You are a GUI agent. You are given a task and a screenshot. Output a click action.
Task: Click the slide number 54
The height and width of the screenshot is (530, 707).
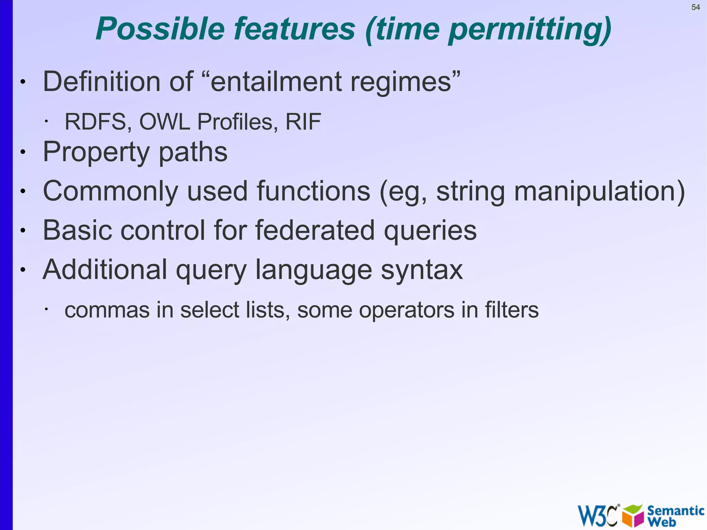click(696, 7)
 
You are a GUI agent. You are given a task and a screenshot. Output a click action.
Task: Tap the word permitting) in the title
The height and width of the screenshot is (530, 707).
click(530, 30)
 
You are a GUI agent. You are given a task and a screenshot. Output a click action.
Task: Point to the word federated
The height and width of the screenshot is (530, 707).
click(315, 230)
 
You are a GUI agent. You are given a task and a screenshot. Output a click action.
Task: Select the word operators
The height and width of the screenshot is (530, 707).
click(406, 310)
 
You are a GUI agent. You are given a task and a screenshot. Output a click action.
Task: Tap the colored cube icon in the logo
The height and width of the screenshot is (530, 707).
click(633, 516)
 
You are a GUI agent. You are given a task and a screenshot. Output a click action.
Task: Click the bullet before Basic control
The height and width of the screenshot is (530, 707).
click(23, 231)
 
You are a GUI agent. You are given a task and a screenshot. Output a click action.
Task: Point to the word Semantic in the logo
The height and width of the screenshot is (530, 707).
click(676, 510)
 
